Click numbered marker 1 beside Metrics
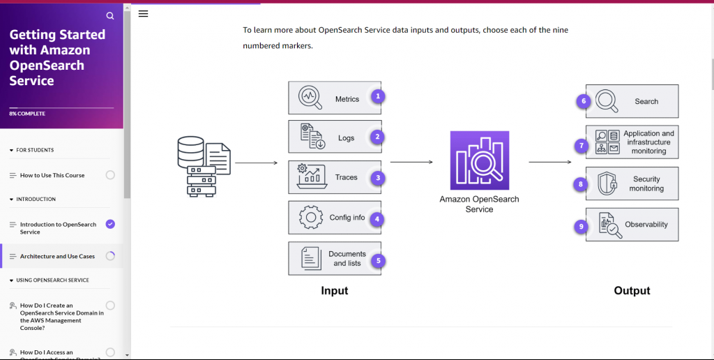click(x=377, y=96)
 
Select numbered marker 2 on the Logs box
click(x=377, y=137)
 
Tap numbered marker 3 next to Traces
click(x=377, y=178)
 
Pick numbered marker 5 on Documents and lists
click(x=377, y=260)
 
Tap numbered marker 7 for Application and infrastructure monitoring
click(x=580, y=146)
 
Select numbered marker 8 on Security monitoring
click(x=580, y=184)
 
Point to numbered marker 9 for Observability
click(x=580, y=226)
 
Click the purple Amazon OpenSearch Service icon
click(x=479, y=161)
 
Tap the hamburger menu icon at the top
click(x=143, y=14)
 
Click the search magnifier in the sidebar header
click(x=110, y=15)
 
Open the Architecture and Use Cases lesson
click(x=57, y=256)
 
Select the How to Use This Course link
click(x=52, y=175)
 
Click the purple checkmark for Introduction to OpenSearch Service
click(x=110, y=224)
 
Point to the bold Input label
click(x=335, y=291)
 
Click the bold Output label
click(x=632, y=291)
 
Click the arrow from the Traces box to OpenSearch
click(x=411, y=162)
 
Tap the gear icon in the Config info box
click(x=310, y=218)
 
